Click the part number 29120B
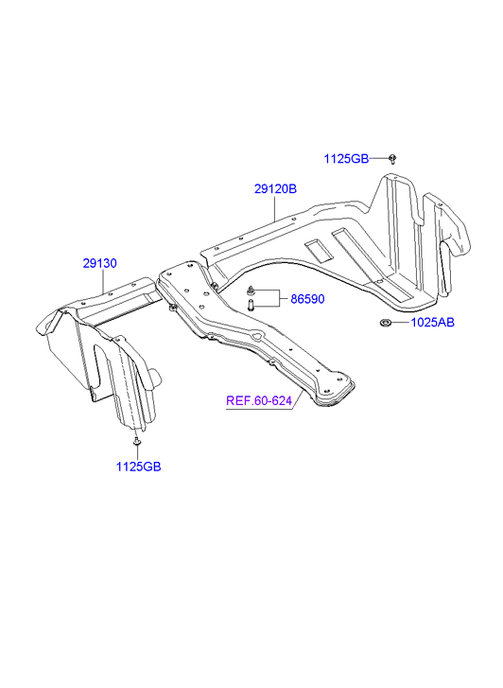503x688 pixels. [x=275, y=188]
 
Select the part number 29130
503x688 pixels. [x=100, y=263]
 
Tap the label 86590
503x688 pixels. [x=307, y=299]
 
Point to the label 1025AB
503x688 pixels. [x=432, y=323]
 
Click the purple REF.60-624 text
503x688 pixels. [x=259, y=400]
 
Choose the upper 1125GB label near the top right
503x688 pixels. [x=346, y=159]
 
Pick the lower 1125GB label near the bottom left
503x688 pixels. [x=139, y=467]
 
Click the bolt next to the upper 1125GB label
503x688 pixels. [x=392, y=159]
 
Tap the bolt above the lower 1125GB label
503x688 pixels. [x=137, y=441]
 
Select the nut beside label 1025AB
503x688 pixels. [x=385, y=324]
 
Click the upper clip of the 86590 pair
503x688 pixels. [x=251, y=290]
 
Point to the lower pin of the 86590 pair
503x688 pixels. [x=251, y=305]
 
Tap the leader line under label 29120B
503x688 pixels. [x=275, y=209]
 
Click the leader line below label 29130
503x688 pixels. [x=103, y=282]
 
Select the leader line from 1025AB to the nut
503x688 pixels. [x=400, y=323]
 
